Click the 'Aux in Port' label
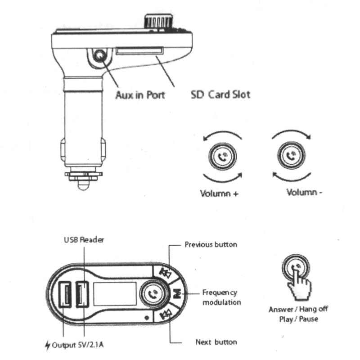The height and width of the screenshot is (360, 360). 140,95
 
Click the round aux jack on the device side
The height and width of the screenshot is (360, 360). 99,56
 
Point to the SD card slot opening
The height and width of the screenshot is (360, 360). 139,52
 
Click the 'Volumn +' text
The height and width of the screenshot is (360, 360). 219,194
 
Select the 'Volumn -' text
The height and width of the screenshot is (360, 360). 304,192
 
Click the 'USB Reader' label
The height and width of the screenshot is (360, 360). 83,240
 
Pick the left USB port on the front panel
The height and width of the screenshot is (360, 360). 65,295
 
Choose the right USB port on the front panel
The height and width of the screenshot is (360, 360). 82,295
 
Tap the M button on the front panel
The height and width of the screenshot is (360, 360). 176,295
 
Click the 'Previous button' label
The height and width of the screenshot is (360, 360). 211,244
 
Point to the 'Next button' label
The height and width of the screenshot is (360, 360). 216,342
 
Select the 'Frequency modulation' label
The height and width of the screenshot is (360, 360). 221,297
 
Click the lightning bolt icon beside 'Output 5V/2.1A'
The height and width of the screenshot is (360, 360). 47,346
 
